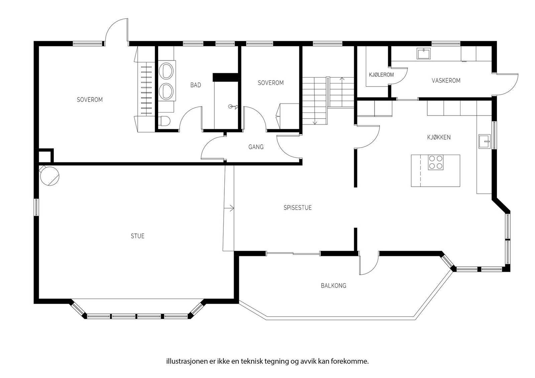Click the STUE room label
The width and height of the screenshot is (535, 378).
coord(137,236)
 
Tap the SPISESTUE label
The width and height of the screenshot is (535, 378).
coord(298,208)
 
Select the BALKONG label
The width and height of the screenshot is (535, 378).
coord(333,286)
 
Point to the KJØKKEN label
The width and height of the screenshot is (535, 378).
coord(439,137)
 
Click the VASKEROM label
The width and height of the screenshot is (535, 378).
coord(446,80)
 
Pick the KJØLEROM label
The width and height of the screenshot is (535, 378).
coord(381,75)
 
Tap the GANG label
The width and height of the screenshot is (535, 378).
coord(256,147)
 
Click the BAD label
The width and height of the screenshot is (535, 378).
coord(196,85)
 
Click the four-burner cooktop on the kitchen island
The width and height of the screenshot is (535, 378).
coord(435,162)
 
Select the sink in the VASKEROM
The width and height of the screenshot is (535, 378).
coord(423,53)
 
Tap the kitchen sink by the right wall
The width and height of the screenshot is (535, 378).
coord(485,142)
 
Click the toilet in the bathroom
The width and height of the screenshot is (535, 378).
coord(165,121)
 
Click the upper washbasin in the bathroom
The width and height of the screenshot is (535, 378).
coord(166,70)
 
